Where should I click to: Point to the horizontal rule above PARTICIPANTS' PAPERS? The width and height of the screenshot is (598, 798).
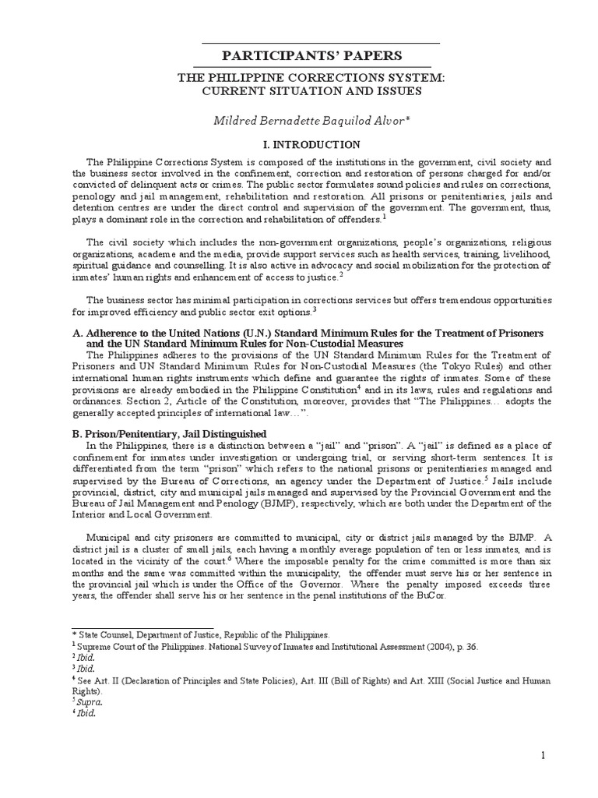point(320,42)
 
